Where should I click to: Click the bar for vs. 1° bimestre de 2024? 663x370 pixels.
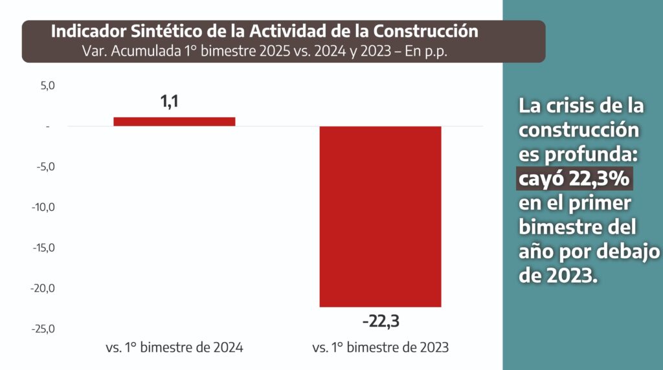174,121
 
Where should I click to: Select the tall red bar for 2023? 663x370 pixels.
380,216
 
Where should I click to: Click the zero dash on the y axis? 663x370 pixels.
48,126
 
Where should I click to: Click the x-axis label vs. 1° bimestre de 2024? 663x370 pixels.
174,347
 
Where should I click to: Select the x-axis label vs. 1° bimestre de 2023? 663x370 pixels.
380,347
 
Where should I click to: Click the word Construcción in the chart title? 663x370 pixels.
423,31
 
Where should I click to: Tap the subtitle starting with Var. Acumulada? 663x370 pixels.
265,51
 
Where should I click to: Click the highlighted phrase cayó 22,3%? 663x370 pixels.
574,179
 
